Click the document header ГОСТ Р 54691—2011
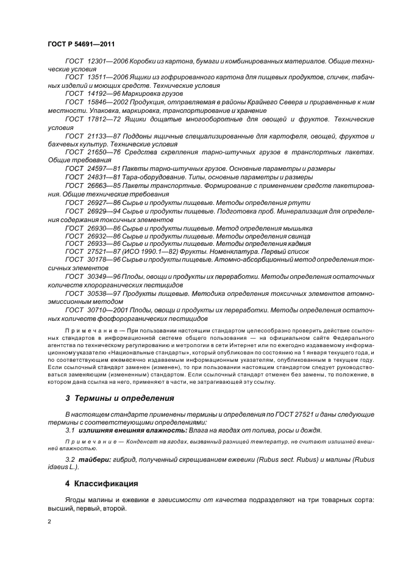coord(81,44)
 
